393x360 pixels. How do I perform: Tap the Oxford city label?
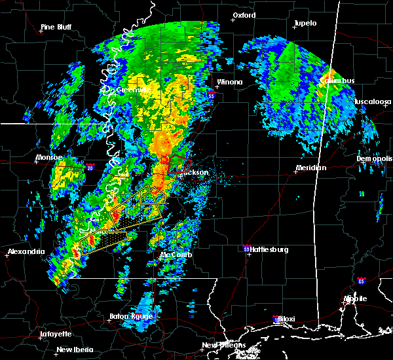point(244,15)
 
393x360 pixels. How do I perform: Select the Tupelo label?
point(305,24)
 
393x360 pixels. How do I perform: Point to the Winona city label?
point(230,82)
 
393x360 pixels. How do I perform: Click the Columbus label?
point(337,81)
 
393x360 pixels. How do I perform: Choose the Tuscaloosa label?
point(373,102)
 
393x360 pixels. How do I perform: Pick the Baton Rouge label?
point(131,317)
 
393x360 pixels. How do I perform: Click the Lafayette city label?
point(56,334)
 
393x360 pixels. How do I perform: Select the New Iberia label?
point(73,350)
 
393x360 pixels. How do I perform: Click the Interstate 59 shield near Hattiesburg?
point(246,249)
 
